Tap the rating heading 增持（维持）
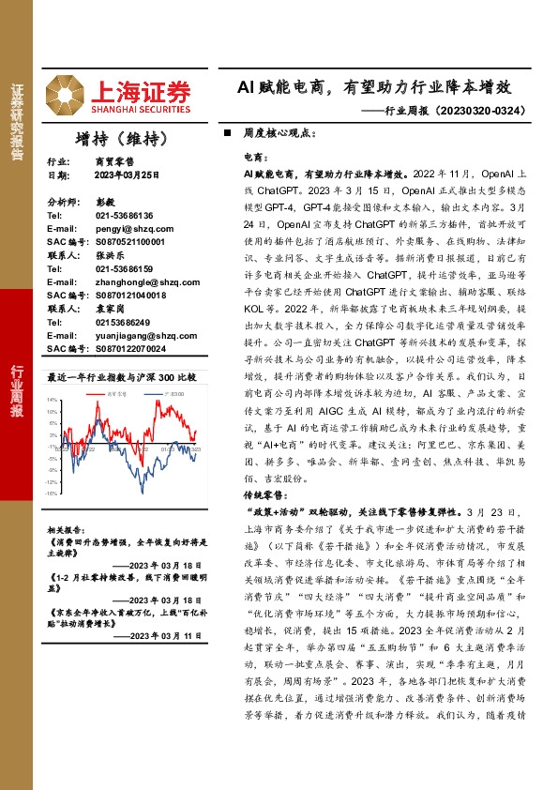(x=122, y=139)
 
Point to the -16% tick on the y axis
(x=52, y=493)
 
